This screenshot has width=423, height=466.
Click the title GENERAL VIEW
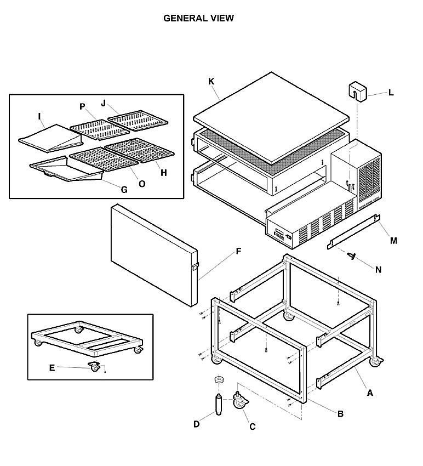point(198,18)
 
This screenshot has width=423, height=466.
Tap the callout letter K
point(211,82)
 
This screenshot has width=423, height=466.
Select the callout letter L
point(391,93)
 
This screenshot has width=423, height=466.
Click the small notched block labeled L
point(358,92)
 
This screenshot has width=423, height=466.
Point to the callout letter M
point(393,241)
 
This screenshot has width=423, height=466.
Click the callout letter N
point(378,270)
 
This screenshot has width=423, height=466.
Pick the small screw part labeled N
point(352,255)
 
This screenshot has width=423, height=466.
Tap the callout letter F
point(238,252)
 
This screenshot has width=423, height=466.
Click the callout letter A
point(370,393)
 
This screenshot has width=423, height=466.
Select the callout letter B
point(341,414)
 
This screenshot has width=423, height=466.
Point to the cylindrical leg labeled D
point(219,405)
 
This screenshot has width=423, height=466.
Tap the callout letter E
point(52,368)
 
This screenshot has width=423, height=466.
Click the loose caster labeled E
point(94,366)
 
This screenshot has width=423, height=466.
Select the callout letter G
point(124,190)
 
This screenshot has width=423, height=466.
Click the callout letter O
point(142,184)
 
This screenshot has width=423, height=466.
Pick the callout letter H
point(164,173)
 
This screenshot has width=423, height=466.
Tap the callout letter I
point(39,116)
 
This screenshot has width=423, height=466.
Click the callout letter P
point(82,106)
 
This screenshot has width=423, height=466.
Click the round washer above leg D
point(219,379)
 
